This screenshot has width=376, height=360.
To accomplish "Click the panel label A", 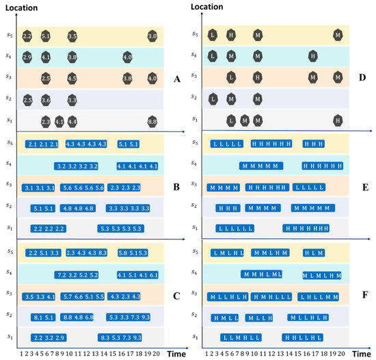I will pos(176,79).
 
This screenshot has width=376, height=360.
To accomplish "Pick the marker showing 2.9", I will pos(27,57).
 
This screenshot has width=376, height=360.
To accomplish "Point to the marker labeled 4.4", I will pos(72,121).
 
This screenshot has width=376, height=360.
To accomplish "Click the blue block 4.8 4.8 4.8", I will pos(77,208).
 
